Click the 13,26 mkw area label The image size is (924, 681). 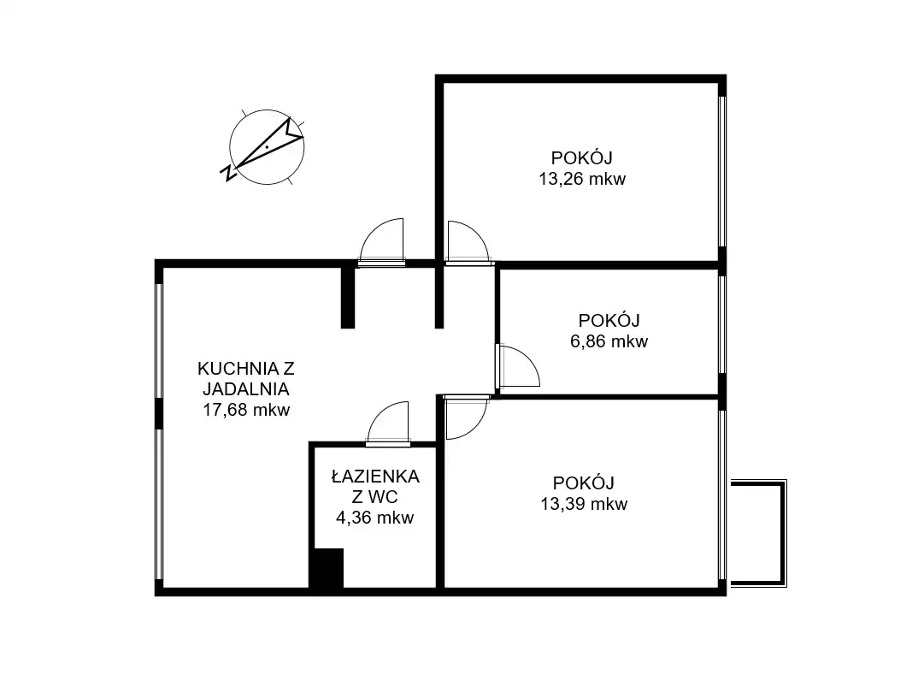coord(582,180)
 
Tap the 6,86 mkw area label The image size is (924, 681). coord(609,341)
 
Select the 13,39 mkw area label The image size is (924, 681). coord(584,504)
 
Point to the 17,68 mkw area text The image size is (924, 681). coord(246,410)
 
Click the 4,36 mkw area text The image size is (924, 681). coord(374,518)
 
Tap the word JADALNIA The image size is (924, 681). coord(246,389)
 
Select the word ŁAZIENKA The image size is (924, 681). coord(375,476)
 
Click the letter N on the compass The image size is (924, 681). coord(228,173)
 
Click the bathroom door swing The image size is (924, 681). coord(387,422)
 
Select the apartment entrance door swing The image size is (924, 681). coord(381,241)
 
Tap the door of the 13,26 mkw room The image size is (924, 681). coord(468,241)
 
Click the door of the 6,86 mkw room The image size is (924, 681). coord(518,366)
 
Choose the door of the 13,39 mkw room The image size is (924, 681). coord(466,418)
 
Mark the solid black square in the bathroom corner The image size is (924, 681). coord(327,568)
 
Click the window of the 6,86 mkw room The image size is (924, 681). coord(722,324)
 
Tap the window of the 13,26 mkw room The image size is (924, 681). coord(722,171)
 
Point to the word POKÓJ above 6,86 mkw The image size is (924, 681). coord(609,320)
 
